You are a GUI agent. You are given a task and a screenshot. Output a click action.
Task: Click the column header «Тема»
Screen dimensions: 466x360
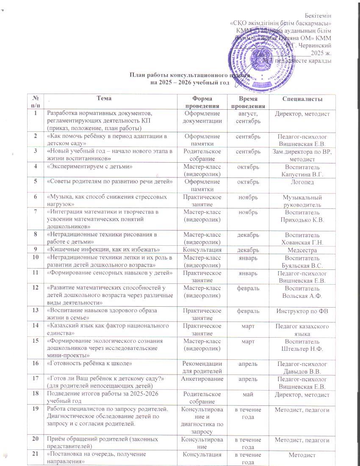pos(104,98)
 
